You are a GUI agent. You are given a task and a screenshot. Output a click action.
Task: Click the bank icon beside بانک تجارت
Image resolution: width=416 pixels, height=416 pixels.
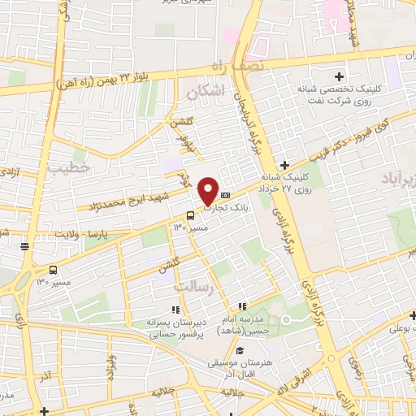226,194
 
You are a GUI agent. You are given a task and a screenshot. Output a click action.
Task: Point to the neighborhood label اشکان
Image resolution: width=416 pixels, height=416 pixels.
203,93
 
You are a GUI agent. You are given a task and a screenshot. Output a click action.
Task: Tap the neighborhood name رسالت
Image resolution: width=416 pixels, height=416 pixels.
193,286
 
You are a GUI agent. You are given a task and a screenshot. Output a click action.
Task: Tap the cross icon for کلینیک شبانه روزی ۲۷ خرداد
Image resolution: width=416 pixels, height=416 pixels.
284,165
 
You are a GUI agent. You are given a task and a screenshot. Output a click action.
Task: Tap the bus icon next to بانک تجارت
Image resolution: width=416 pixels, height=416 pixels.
190,215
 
